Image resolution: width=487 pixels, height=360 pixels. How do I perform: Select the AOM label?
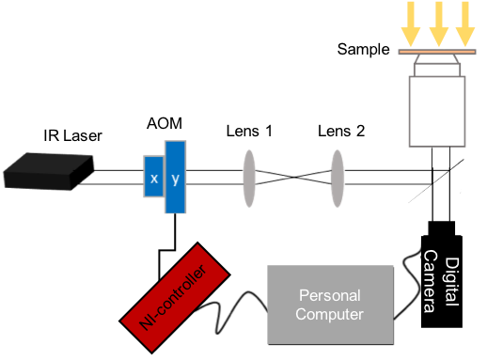click(166, 124)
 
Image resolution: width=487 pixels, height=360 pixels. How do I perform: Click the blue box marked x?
click(153, 177)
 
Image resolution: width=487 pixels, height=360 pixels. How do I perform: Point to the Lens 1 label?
click(249, 133)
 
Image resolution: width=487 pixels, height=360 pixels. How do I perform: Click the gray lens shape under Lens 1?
click(249, 176)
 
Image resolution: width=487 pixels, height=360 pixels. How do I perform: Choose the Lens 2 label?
click(335, 133)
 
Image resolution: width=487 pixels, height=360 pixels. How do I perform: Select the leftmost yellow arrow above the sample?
click(410, 23)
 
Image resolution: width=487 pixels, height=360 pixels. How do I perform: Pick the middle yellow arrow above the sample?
click(437, 23)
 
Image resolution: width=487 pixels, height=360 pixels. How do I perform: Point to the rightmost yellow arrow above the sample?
click(464, 23)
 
